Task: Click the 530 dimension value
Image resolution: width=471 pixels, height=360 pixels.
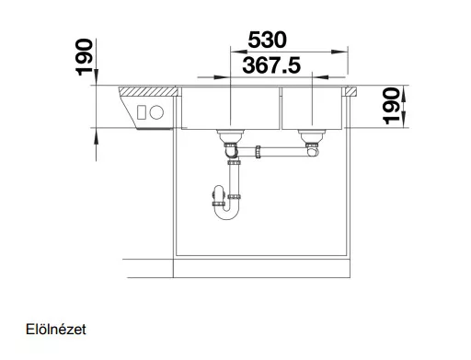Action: (267, 40)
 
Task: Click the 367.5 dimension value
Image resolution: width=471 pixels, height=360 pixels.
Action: (271, 65)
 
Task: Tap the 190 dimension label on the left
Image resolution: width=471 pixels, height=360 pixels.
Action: (84, 57)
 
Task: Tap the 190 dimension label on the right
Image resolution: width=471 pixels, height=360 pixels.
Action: (392, 106)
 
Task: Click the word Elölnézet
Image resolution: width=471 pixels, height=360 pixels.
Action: (56, 330)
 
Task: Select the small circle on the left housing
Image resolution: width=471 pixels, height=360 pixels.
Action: (156, 112)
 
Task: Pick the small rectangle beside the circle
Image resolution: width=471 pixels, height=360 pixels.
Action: (142, 112)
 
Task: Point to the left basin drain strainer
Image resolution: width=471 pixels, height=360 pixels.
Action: (230, 135)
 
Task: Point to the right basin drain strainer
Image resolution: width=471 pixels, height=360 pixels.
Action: (312, 135)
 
